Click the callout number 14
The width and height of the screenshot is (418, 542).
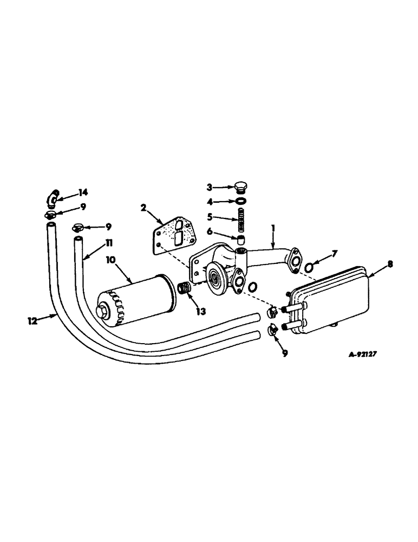[83, 192]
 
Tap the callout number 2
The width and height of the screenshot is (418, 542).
[143, 207]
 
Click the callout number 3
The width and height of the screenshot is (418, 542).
[210, 188]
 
